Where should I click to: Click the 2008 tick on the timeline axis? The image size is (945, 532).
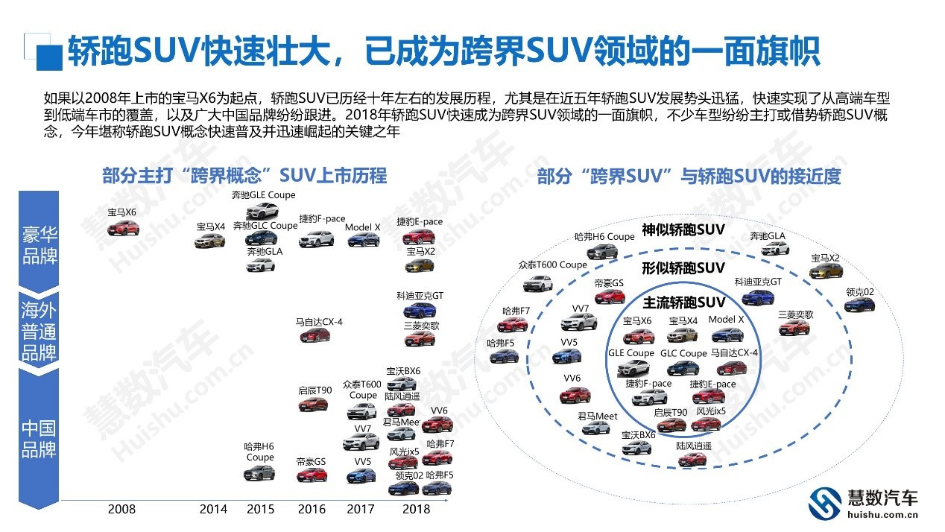[121, 509]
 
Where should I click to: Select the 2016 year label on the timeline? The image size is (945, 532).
[312, 509]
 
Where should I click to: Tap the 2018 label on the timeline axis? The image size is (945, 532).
[416, 509]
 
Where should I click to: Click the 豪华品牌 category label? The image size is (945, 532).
[39, 245]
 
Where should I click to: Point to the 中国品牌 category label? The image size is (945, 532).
[39, 439]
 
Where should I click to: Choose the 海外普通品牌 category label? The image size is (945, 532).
[39, 331]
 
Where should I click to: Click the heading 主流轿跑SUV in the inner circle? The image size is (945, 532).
[684, 303]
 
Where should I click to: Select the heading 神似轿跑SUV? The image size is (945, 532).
[683, 229]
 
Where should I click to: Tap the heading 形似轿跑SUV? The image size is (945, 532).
[683, 268]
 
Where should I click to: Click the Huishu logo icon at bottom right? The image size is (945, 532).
[825, 503]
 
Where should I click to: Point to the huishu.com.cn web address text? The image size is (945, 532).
[882, 515]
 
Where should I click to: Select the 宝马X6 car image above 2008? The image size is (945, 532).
[123, 228]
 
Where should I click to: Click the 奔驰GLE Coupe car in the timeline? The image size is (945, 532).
[262, 210]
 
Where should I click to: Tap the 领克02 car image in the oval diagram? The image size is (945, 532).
[859, 305]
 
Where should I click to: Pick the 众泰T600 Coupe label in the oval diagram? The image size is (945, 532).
[553, 265]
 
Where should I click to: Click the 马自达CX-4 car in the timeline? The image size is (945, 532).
[315, 335]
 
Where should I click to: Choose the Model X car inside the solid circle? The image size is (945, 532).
[727, 335]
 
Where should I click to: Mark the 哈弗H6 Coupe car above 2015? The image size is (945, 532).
[259, 473]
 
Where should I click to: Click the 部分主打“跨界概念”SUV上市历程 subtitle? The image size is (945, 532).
[244, 176]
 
